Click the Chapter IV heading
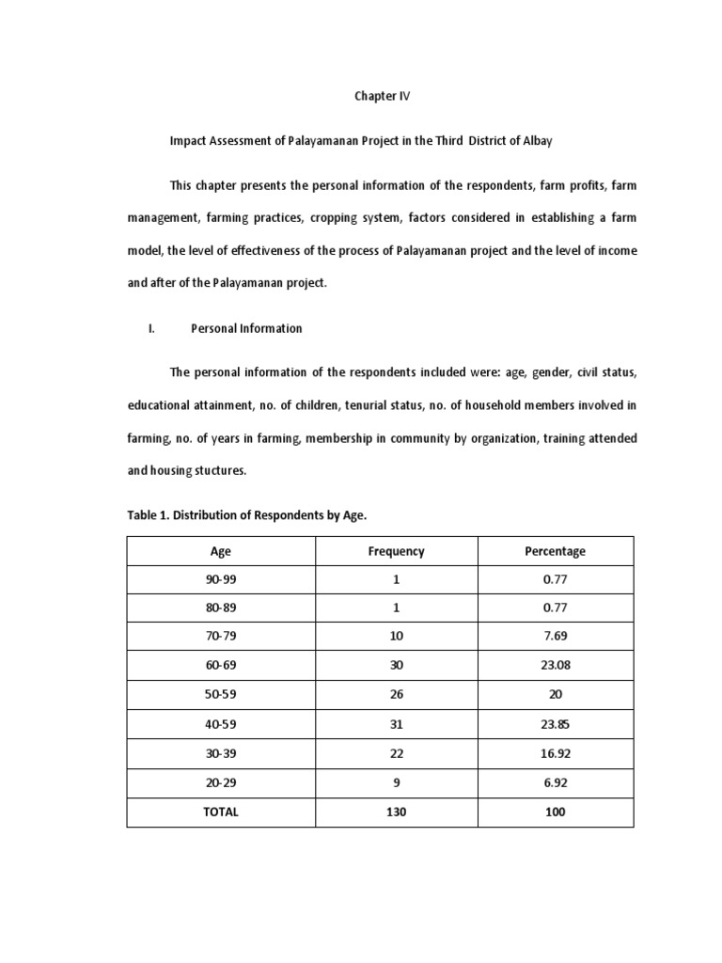[x=382, y=96]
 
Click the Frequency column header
[x=396, y=551]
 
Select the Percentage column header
[x=555, y=551]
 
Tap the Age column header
[x=221, y=551]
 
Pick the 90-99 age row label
[x=221, y=580]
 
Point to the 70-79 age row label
[x=221, y=636]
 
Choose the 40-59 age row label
[x=221, y=724]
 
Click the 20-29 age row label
[x=221, y=782]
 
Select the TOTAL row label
[x=221, y=812]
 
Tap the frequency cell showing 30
[x=396, y=665]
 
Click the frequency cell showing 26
[x=396, y=695]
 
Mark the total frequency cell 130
[x=396, y=812]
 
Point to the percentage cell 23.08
[x=555, y=665]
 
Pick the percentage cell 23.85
[x=555, y=724]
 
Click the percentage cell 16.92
[x=555, y=753]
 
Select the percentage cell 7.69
[x=555, y=636]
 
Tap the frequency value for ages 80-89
[x=396, y=608]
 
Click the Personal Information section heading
[x=246, y=328]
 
